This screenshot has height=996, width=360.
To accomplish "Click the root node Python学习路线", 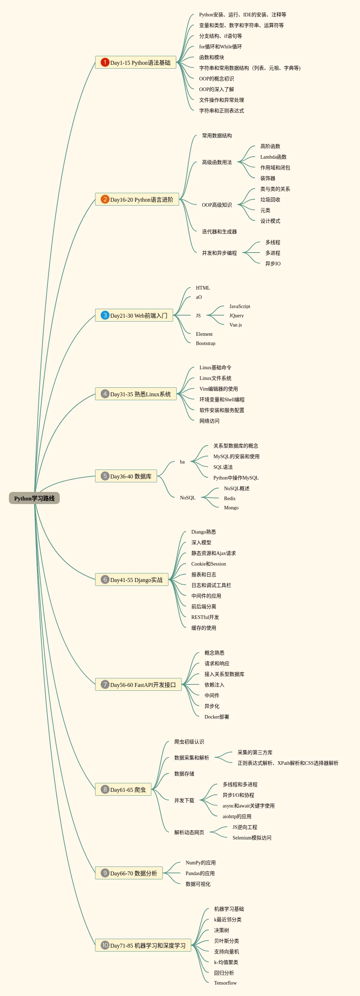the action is click(34, 498).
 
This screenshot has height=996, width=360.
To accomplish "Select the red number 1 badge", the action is click(105, 62).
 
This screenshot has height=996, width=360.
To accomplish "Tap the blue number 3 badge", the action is click(105, 315).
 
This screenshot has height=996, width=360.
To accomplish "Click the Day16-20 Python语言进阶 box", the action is click(137, 200).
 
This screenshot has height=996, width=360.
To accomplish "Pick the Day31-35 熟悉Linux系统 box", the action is click(136, 394).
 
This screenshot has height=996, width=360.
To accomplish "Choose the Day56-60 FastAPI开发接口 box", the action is click(138, 684).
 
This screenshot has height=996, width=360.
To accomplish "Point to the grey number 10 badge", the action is click(105, 945).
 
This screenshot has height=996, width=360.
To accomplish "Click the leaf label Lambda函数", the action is click(274, 157).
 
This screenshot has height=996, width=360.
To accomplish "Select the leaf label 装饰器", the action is click(268, 178).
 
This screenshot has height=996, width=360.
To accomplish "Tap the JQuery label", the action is click(236, 316).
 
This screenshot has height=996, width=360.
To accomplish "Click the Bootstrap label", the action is click(205, 343).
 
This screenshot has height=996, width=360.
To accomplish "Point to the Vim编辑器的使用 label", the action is click(218, 389).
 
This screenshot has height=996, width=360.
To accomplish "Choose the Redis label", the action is click(230, 498).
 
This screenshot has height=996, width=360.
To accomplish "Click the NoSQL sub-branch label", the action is click(187, 498).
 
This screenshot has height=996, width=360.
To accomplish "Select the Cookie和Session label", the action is click(208, 564).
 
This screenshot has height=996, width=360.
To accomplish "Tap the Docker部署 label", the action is click(217, 716).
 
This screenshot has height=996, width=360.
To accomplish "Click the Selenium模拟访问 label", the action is click(252, 837).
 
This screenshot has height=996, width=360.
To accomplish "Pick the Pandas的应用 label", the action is click(200, 873).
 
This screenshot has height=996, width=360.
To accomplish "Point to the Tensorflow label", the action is click(225, 982).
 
